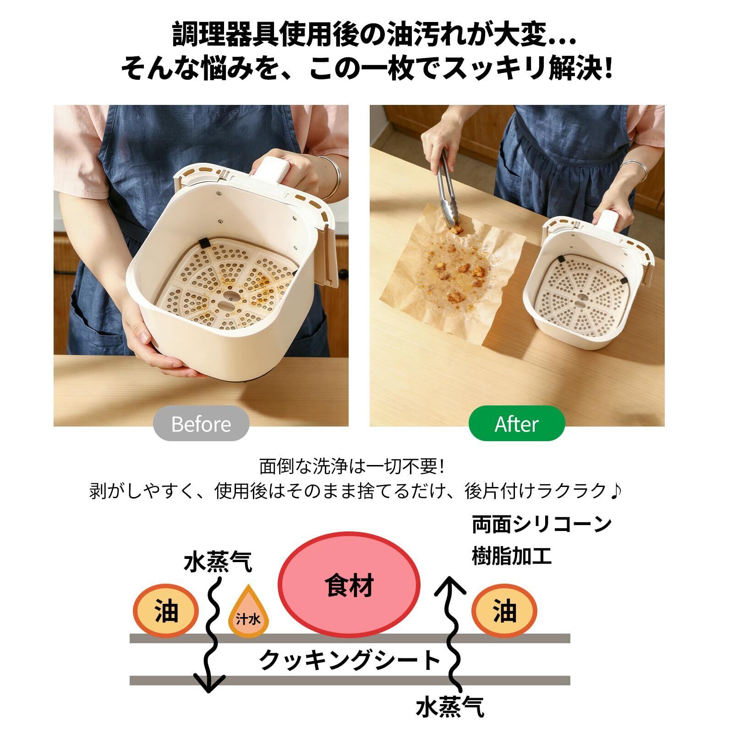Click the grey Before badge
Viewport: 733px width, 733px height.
click(201, 424)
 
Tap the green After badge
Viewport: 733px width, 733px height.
click(516, 424)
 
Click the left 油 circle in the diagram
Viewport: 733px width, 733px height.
click(165, 611)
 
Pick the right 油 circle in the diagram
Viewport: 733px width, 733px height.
click(504, 611)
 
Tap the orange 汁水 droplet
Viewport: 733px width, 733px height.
click(249, 613)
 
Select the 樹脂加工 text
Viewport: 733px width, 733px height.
click(511, 556)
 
